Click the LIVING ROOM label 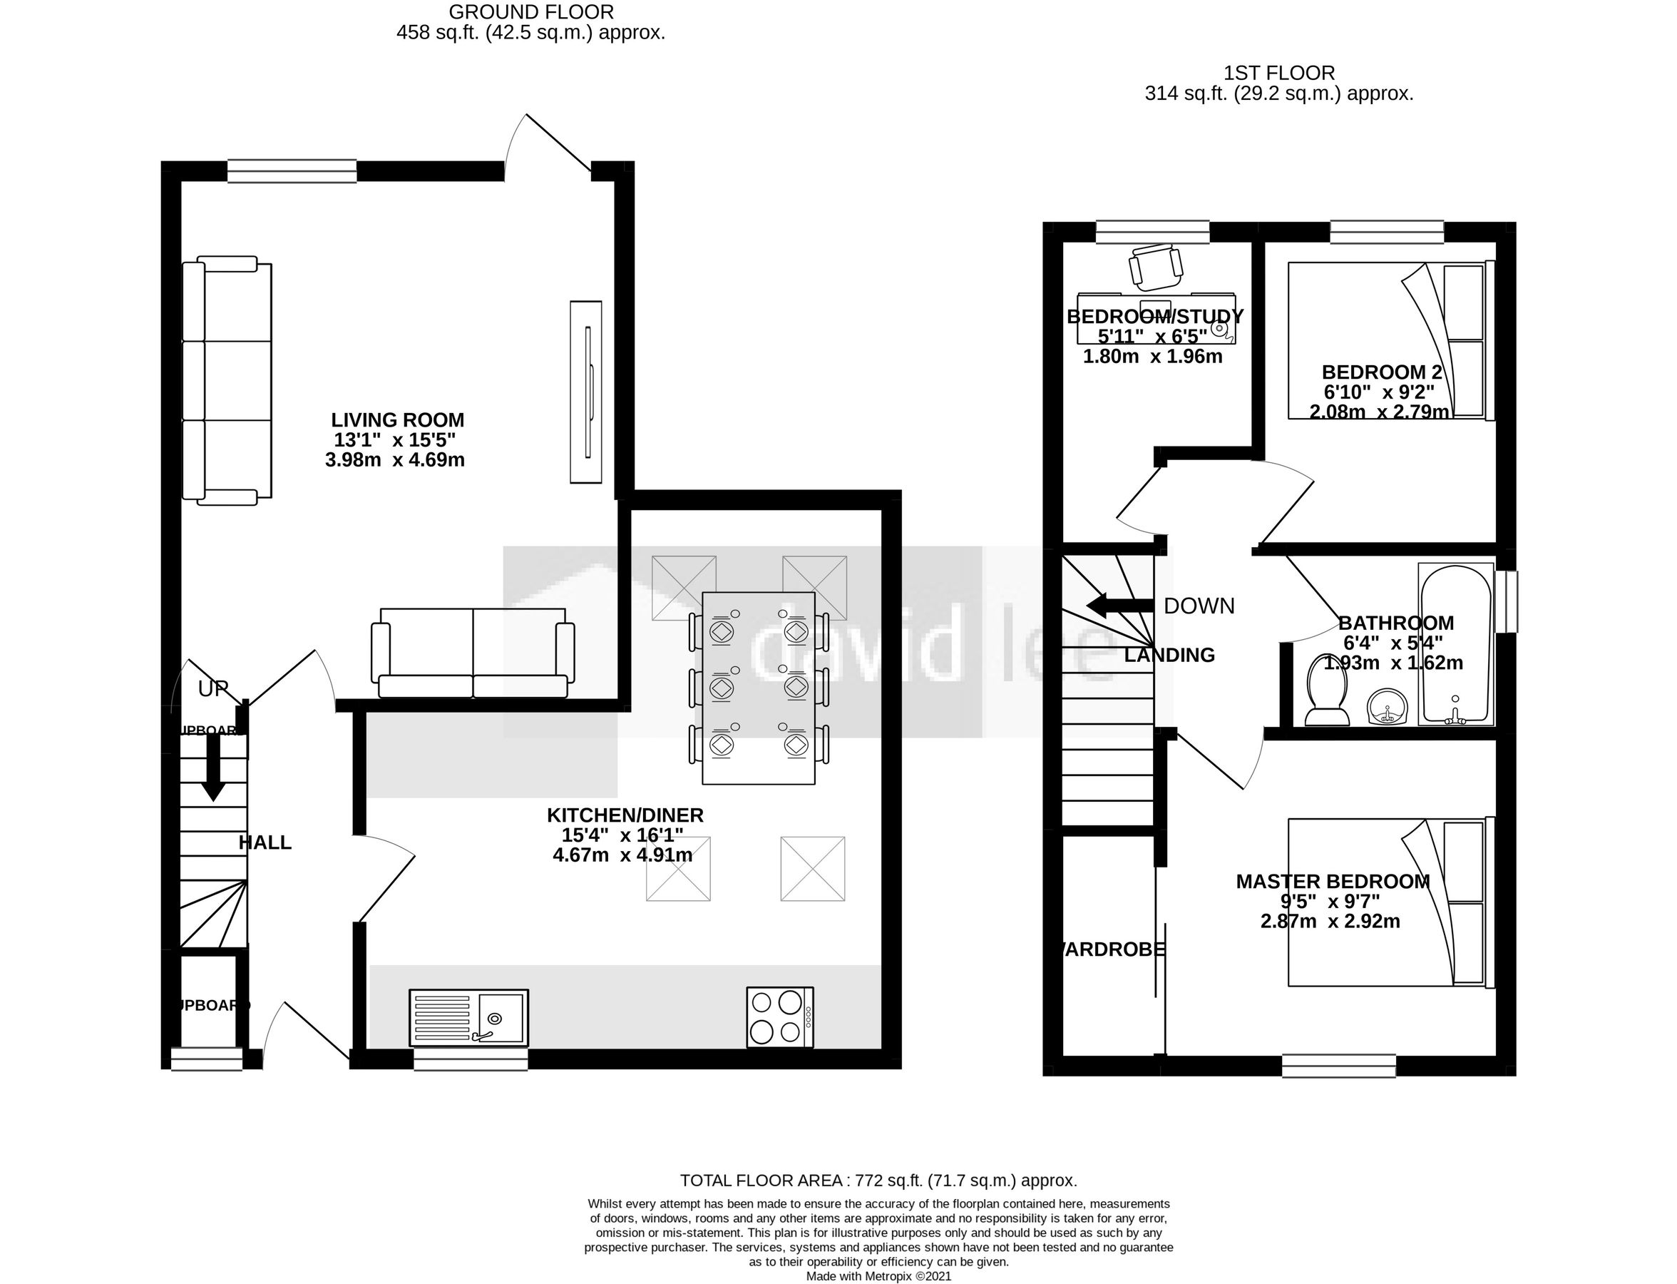397,419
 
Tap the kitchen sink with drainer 468,1018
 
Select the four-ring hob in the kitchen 779,1017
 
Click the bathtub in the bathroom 1455,643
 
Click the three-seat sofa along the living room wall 227,379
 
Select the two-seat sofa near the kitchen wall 473,652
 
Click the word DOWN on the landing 1199,606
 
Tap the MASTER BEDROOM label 1333,881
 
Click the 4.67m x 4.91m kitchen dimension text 622,855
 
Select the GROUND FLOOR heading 530,12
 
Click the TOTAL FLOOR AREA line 878,1180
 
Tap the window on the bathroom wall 1506,601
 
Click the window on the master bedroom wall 1338,1066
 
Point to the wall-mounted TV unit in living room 586,392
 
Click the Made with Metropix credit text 878,1276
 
